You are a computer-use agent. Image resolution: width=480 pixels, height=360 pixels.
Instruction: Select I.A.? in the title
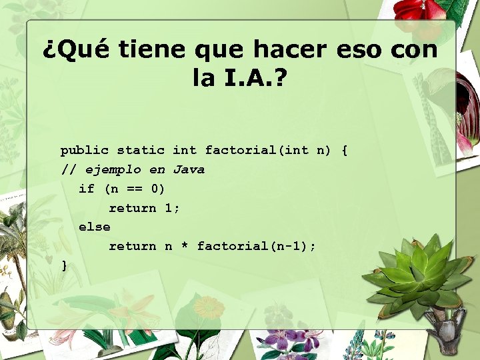pyautogui.click(x=253, y=79)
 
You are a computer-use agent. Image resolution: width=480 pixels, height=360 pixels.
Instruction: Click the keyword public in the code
pyautogui.click(x=85, y=151)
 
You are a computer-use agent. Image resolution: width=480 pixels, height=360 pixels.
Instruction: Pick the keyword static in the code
pyautogui.click(x=141, y=151)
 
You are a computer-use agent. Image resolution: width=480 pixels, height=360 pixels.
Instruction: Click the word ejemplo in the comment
pyautogui.click(x=113, y=170)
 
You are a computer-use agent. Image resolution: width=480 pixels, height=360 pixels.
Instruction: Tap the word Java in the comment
pyautogui.click(x=189, y=169)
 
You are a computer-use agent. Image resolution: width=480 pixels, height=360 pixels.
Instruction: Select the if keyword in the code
pyautogui.click(x=87, y=189)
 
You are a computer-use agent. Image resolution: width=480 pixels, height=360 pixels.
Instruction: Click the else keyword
pyautogui.click(x=94, y=227)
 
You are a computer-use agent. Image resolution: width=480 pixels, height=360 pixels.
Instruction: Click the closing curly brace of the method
pyautogui.click(x=64, y=266)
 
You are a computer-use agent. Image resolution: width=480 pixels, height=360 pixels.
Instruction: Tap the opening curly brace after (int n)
pyautogui.click(x=344, y=151)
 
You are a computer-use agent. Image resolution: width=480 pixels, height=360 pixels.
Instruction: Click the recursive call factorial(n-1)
pyautogui.click(x=253, y=247)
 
